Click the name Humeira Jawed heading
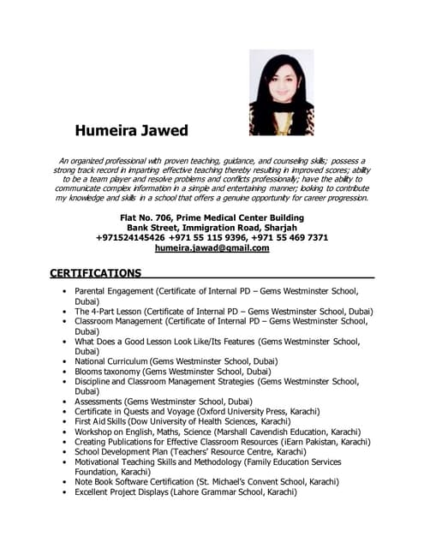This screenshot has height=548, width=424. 131,131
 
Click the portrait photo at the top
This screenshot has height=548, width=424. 281,92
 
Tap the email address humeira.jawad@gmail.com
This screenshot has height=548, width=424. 212,248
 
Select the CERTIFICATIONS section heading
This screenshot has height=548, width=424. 95,274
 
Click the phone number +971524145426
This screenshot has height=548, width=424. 131,237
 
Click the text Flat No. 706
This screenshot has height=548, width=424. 146,217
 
